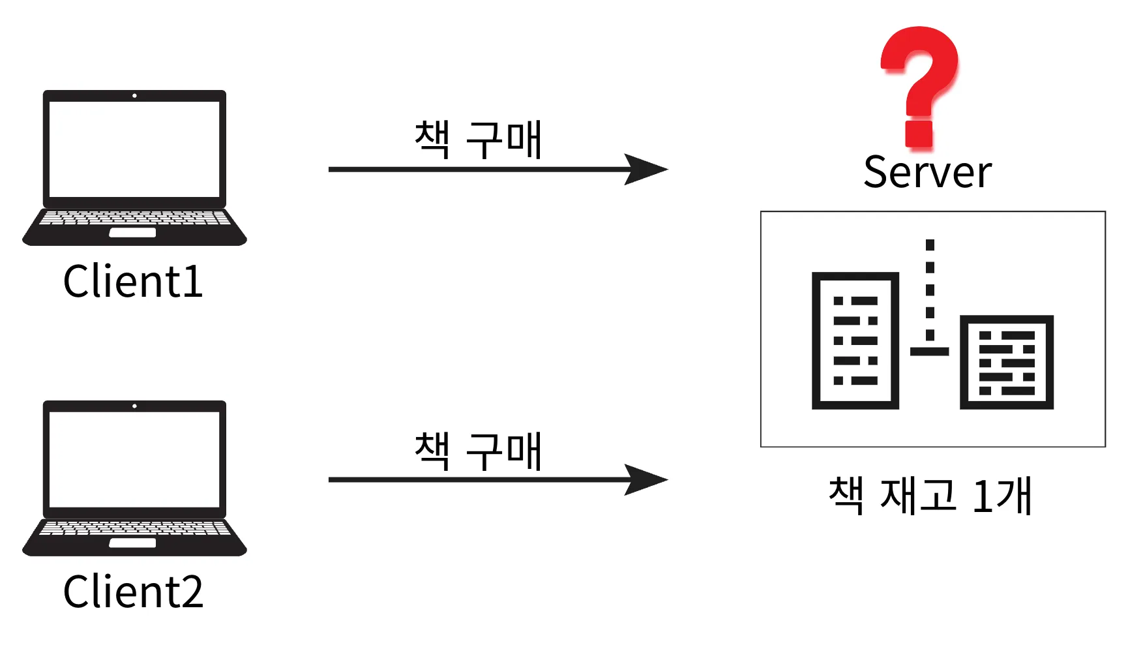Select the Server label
(927, 173)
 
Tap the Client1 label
(133, 282)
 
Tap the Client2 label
(133, 592)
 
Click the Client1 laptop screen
(134, 149)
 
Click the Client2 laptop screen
(134, 459)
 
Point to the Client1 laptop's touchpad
(132, 233)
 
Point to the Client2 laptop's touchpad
(132, 543)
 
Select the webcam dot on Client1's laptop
(134, 96)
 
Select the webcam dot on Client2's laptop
(134, 406)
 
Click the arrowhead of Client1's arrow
(646, 170)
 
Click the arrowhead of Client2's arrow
(646, 480)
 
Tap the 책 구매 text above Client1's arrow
(478, 140)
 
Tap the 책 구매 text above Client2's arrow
(478, 451)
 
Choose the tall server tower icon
(855, 340)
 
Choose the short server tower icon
(1006, 363)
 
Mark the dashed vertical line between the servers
(930, 290)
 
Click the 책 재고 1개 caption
(930, 496)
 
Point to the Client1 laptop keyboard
(134, 217)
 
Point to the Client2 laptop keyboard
(134, 528)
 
